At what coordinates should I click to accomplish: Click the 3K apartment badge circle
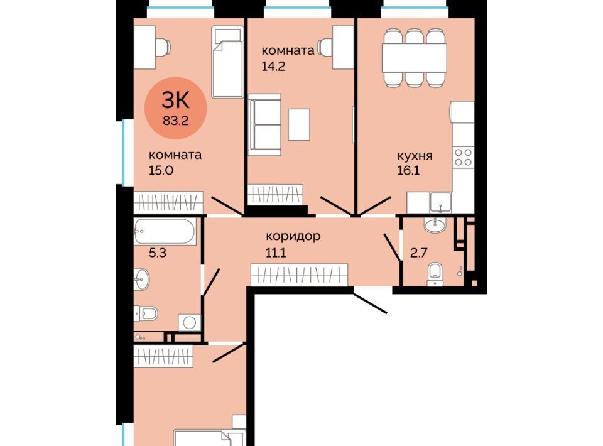tap(175, 108)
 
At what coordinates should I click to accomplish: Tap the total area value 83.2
tap(175, 121)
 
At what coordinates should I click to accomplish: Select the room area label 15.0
tap(161, 170)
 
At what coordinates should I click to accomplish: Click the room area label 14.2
tap(273, 67)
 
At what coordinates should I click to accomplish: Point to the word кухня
tap(415, 156)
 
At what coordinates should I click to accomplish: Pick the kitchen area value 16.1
tap(408, 170)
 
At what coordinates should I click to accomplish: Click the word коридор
tap(293, 236)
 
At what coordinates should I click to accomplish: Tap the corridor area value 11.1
tap(276, 253)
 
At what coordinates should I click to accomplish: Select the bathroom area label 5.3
tap(158, 253)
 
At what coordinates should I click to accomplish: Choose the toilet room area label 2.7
tap(419, 253)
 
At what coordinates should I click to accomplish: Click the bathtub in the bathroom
tap(165, 231)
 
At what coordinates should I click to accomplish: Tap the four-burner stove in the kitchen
tap(463, 157)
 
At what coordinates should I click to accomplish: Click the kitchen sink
tap(440, 202)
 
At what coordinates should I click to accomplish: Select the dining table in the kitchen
tap(414, 58)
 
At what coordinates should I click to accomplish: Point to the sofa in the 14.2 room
tap(264, 124)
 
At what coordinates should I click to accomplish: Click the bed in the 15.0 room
tap(227, 62)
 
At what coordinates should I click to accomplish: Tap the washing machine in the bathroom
tap(189, 322)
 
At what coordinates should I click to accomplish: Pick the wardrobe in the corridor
tap(299, 275)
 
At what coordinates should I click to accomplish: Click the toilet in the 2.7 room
tap(435, 274)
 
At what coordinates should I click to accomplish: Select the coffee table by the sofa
tap(299, 124)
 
